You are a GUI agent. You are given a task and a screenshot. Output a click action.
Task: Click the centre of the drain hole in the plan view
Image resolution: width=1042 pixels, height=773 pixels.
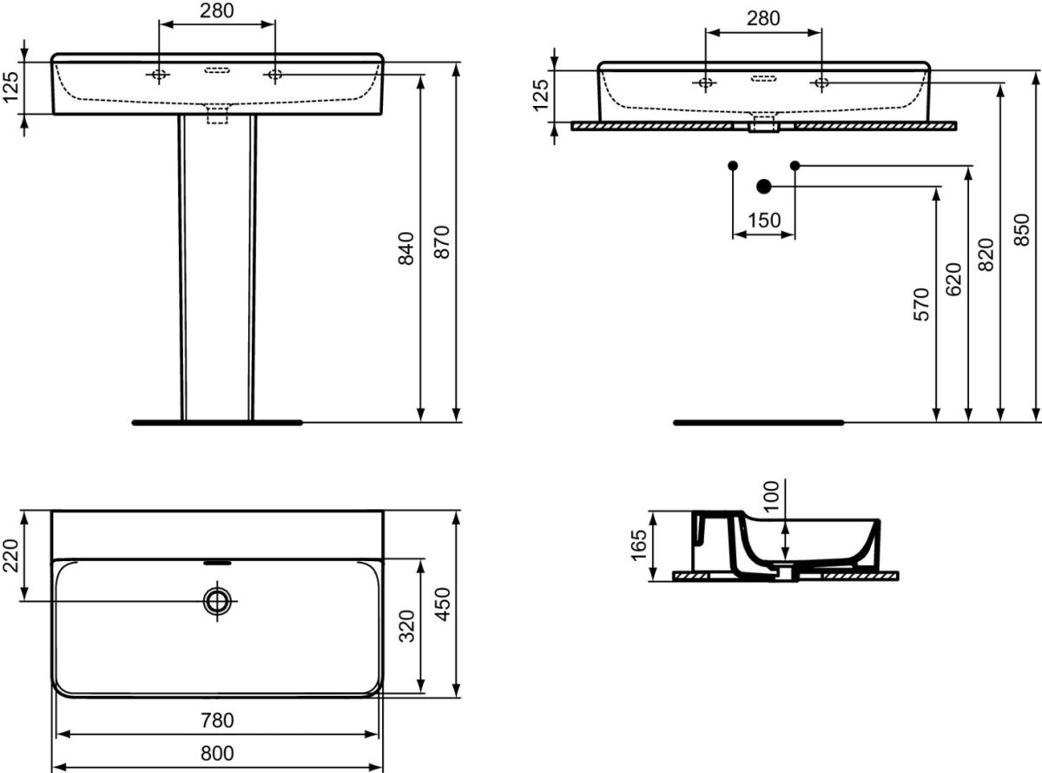point(217,600)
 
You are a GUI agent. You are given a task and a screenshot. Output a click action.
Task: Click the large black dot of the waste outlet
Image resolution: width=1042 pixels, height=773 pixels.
point(764,187)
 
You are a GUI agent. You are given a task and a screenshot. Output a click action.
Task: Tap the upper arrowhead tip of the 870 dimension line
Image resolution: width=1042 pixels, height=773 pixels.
point(456,63)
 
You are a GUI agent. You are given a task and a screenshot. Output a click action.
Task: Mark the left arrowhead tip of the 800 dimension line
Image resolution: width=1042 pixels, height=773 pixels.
point(52,768)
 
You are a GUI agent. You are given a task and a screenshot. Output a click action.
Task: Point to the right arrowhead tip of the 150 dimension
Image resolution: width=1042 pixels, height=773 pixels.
point(795,234)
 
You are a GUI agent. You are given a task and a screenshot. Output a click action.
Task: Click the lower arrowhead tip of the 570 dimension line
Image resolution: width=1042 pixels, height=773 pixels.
point(936,421)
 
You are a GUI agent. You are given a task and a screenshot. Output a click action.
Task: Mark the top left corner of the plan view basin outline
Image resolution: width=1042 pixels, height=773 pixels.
point(52,511)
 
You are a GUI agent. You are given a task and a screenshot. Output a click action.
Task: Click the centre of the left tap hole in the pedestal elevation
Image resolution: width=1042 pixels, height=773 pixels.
point(159,74)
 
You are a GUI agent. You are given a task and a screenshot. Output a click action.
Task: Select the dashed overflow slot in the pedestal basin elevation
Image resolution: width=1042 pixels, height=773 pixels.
point(217,70)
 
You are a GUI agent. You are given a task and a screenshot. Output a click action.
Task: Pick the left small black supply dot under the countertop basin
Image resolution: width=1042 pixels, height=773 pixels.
point(733,165)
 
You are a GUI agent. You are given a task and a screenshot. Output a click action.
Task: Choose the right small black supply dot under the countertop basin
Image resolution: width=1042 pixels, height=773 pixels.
point(795,165)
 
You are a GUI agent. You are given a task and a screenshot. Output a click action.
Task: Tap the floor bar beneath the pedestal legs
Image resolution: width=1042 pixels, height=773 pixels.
point(217,422)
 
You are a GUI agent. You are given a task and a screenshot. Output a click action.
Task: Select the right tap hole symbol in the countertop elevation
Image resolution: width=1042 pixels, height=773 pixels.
point(821,83)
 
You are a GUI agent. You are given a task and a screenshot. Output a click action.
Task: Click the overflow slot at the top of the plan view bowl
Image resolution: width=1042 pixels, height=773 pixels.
point(217,562)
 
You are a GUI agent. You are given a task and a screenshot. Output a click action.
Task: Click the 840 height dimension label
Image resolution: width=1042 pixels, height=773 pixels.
point(406,248)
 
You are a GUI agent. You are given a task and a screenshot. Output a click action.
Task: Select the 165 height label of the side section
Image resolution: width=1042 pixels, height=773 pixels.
point(639,545)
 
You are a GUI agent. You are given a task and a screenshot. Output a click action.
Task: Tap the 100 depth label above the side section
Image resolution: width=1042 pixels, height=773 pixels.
point(771,496)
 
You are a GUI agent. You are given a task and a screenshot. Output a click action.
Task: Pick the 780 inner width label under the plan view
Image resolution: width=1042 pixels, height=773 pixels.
point(217,720)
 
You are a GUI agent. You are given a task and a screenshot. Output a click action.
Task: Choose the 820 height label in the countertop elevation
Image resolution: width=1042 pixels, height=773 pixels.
point(986,254)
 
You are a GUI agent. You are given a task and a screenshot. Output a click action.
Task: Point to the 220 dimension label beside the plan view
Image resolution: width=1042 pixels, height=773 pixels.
point(10,556)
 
